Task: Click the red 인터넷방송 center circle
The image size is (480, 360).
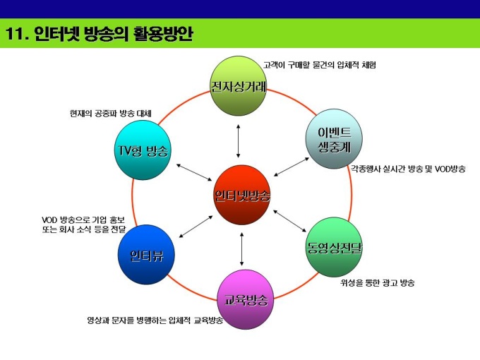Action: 242,195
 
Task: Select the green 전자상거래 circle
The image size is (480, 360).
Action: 239,86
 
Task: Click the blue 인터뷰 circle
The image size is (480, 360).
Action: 146,254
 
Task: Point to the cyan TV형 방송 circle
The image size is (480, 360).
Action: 143,150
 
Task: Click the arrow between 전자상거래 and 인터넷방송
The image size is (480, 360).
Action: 239,140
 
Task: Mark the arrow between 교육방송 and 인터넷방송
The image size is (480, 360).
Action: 243,247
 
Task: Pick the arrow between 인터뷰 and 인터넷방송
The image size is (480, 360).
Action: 197,226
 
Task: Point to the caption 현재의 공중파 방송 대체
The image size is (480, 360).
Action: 111,114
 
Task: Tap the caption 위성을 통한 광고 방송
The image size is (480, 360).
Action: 377,283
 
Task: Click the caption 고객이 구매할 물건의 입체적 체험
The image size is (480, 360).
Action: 320,65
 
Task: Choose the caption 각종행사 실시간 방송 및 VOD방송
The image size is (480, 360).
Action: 408,169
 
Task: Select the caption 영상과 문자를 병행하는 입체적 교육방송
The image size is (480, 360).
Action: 155,320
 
